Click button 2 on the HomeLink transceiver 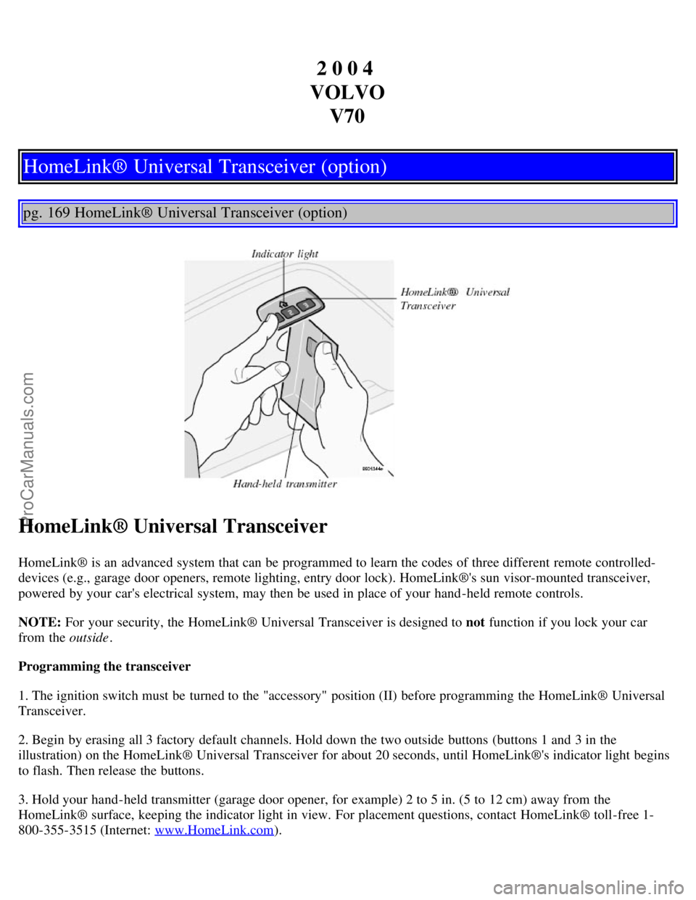pos(290,312)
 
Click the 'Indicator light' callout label pos(285,254)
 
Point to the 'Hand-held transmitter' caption pos(285,483)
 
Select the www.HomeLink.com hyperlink pos(215,830)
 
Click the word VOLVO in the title pos(347,92)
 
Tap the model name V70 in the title pos(347,116)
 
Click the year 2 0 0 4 pos(345,68)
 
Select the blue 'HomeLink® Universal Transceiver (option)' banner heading pos(205,167)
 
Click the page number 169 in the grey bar pos(58,213)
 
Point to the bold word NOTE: pos(39,622)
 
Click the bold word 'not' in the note pos(475,622)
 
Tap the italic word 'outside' pos(88,638)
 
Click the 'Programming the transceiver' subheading pos(104,667)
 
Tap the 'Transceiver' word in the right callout pos(428,306)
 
